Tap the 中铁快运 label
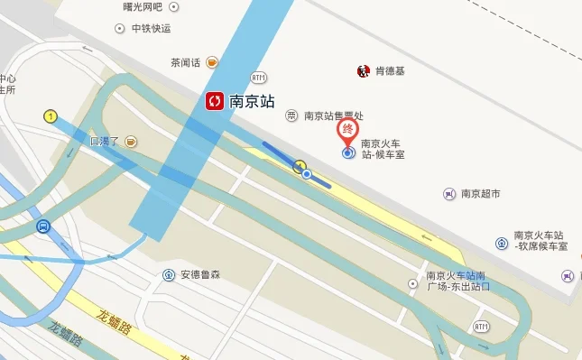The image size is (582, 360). tap(151, 28)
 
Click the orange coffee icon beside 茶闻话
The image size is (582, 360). tap(212, 62)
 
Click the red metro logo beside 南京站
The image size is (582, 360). tap(215, 101)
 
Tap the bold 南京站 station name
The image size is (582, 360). tap(254, 101)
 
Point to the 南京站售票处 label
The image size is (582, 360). tap(333, 115)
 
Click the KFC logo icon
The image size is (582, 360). tap(363, 71)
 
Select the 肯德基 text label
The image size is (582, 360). tap(391, 71)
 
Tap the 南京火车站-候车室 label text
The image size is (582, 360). tap(383, 149)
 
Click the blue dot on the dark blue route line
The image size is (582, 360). tap(307, 173)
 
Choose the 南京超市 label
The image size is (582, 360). tap(480, 193)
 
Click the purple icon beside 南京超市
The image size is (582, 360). tap(449, 193)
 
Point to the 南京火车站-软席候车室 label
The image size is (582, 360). tap(540, 240)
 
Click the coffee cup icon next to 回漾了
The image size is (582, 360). tap(131, 142)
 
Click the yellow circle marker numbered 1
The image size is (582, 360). tap(51, 115)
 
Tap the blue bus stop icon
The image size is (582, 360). tap(42, 226)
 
